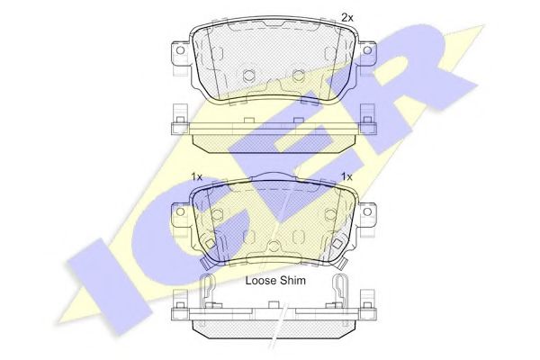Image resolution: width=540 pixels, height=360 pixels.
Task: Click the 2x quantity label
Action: pyautogui.click(x=347, y=18)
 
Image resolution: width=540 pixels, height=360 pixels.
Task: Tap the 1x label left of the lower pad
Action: pyautogui.click(x=196, y=177)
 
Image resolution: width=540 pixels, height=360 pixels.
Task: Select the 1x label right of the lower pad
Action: pyautogui.click(x=346, y=177)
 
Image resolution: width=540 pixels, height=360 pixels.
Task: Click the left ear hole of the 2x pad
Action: pyautogui.click(x=180, y=50)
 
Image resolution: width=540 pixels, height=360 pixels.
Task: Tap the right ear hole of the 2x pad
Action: pyautogui.click(x=367, y=50)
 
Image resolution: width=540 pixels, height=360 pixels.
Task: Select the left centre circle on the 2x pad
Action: pyautogui.click(x=248, y=75)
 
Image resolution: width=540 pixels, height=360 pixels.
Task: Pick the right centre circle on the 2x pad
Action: pyautogui.click(x=298, y=75)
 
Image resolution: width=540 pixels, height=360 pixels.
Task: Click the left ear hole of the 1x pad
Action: pyautogui.click(x=180, y=211)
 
